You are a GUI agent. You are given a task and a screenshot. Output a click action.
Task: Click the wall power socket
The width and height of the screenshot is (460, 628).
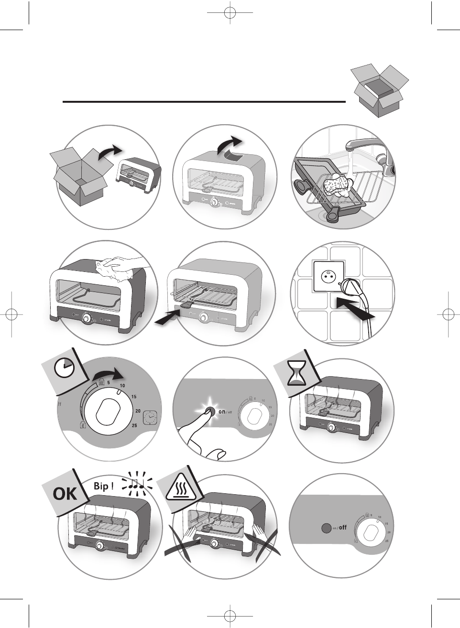coord(329,276)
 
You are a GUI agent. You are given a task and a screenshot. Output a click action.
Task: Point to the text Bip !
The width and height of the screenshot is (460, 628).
coord(104,486)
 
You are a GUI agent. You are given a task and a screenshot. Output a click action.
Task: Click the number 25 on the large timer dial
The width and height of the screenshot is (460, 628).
coord(134,425)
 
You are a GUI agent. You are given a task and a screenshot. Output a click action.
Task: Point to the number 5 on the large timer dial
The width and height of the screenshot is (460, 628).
coord(109,382)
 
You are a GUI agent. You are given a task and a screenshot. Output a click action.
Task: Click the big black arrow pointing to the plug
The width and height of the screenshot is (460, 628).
coord(355,310)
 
